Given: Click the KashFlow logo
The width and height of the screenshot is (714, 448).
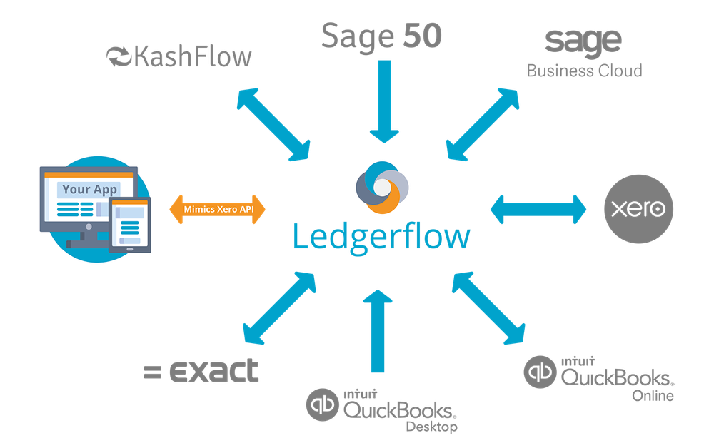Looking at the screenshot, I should (x=178, y=56).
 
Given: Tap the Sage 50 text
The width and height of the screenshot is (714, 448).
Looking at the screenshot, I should (x=382, y=36).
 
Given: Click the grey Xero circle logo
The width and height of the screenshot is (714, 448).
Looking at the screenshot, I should (x=637, y=208).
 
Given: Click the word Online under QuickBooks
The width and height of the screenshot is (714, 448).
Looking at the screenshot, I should (x=653, y=396).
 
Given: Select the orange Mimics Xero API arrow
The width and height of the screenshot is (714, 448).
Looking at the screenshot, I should (x=216, y=209).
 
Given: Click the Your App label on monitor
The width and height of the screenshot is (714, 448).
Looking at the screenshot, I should (x=86, y=190).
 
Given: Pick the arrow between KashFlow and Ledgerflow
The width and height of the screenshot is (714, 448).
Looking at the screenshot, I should (x=273, y=123).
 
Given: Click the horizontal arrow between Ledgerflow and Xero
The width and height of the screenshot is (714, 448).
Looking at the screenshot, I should (x=538, y=210).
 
